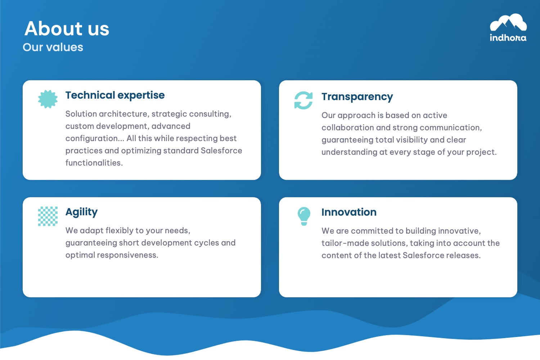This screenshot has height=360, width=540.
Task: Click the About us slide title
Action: [67, 28]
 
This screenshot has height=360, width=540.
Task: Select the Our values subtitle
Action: [53, 47]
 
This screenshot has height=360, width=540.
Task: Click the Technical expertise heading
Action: [115, 95]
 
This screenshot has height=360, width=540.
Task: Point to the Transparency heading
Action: [357, 97]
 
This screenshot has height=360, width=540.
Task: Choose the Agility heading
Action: [81, 212]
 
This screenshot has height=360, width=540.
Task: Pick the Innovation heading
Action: [349, 212]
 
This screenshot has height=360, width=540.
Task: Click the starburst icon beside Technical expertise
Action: [48, 99]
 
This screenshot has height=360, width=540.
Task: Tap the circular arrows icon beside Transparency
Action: [303, 100]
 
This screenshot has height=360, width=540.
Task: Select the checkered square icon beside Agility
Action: [48, 216]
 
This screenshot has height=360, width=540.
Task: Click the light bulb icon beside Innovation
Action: [304, 216]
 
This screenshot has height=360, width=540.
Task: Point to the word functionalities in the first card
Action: [94, 163]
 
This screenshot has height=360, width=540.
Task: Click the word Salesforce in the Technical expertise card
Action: [221, 150]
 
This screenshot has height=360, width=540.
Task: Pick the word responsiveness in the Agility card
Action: [127, 255]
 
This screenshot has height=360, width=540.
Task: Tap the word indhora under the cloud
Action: [508, 37]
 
